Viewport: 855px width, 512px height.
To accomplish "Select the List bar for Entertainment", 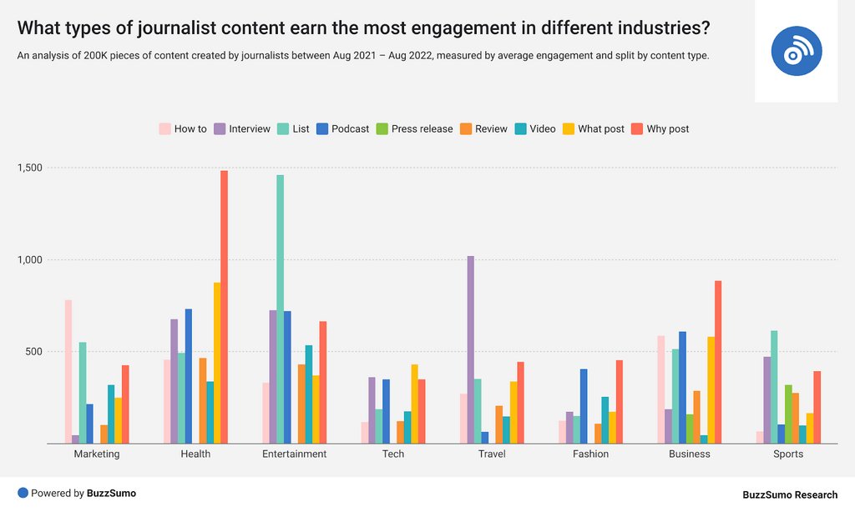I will point(280,309).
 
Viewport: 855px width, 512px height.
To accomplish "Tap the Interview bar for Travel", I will point(470,349).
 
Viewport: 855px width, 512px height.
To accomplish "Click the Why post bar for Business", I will point(717,362).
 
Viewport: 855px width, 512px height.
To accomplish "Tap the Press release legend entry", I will point(414,129).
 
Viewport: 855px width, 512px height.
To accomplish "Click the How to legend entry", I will point(183,129).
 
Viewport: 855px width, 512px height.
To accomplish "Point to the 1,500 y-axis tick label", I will point(30,168).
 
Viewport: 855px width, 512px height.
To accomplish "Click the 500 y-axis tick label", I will point(35,351).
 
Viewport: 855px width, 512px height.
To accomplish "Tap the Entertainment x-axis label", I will point(294,454).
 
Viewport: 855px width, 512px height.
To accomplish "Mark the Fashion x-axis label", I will point(590,454).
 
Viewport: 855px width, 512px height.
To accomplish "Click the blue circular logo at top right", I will point(796,51).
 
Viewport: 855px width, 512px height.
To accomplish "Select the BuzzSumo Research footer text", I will point(789,494).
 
